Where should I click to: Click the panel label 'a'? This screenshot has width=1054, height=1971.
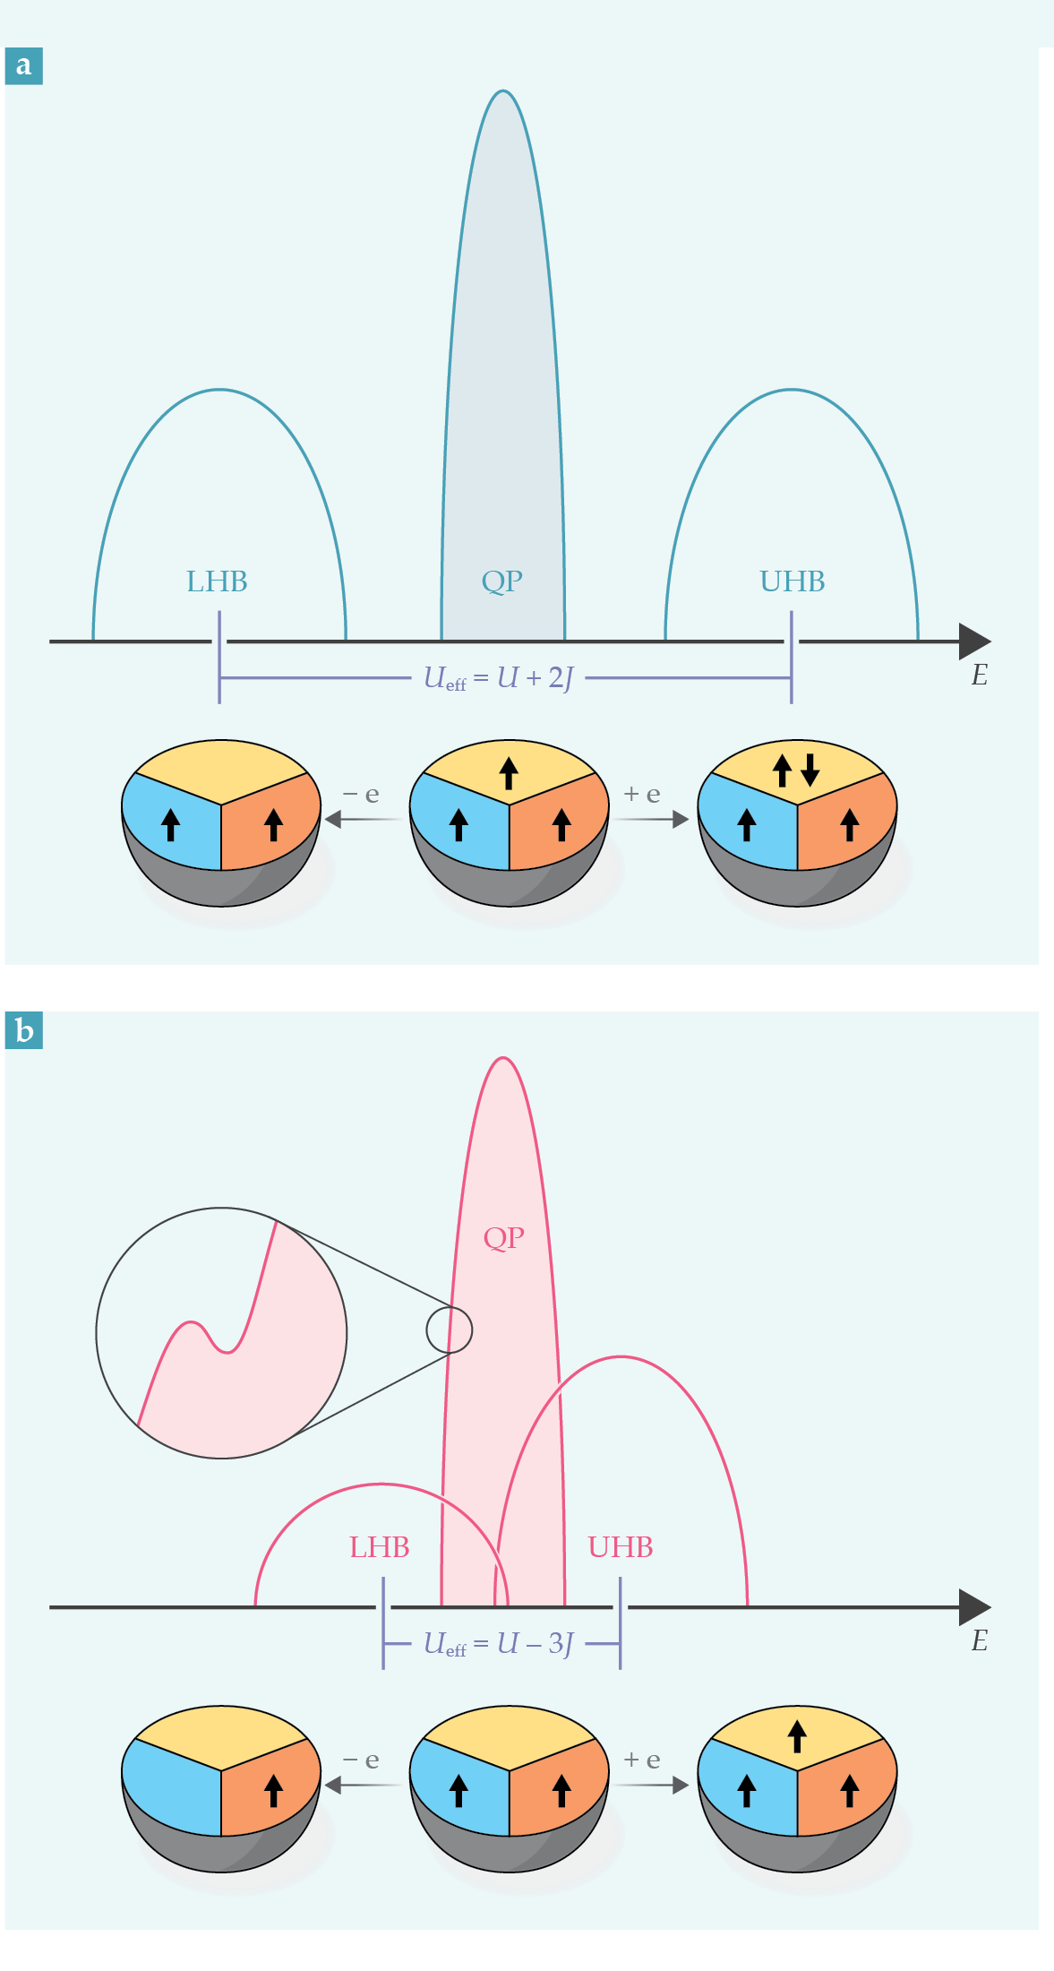point(24,65)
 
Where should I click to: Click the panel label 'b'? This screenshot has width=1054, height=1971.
point(24,1030)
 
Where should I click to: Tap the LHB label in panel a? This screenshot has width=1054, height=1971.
point(217,581)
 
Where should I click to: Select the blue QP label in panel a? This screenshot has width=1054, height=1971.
point(502,581)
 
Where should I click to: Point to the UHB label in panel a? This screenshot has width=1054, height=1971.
point(793,581)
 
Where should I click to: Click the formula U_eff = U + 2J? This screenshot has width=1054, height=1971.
point(498,678)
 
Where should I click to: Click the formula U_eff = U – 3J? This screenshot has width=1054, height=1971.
point(498,1644)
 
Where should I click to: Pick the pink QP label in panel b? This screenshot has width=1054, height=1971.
point(503,1238)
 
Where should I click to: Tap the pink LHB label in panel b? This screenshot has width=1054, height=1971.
point(380,1547)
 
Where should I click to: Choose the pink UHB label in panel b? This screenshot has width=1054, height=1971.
point(621,1547)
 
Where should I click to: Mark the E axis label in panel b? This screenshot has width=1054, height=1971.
point(980,1641)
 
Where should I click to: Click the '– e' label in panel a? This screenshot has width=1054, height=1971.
point(361,794)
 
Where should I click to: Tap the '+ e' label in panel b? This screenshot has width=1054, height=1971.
point(642,1760)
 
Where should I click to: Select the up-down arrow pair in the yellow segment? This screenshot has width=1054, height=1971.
point(796,769)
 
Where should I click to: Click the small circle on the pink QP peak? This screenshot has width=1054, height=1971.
point(449,1330)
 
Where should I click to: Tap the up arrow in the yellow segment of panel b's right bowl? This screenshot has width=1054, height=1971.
point(797,1736)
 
